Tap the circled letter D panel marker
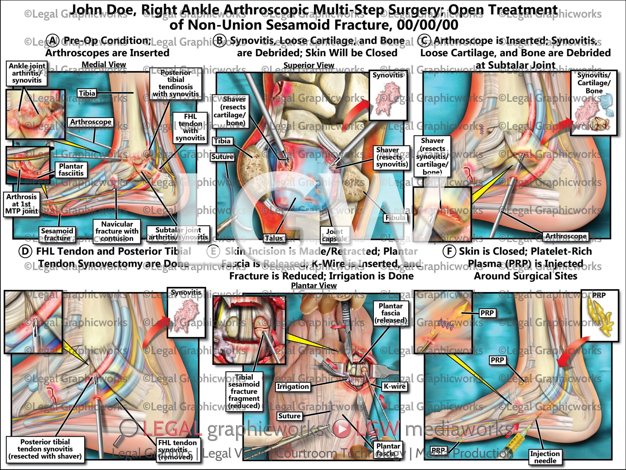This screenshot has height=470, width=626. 25,251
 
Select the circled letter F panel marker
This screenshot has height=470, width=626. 449,251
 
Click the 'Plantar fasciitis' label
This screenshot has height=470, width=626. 71,170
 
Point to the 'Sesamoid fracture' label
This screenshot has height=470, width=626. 57,234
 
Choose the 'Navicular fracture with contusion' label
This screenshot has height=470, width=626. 117,231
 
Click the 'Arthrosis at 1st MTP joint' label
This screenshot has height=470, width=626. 22,204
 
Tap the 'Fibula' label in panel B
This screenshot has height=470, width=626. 395,218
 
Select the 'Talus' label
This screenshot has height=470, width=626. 274,238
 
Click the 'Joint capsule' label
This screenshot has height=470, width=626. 334,235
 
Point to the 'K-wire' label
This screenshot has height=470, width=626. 394,386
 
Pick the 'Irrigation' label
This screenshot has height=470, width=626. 293,387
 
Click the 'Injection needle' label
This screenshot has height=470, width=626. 545,457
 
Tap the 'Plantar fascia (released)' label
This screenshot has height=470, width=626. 391,313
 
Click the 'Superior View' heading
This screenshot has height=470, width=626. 308,65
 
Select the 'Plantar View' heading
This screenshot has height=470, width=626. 314,286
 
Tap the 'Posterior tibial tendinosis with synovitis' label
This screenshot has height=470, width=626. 176,83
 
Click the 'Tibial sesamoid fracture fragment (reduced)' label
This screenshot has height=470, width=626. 244,391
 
